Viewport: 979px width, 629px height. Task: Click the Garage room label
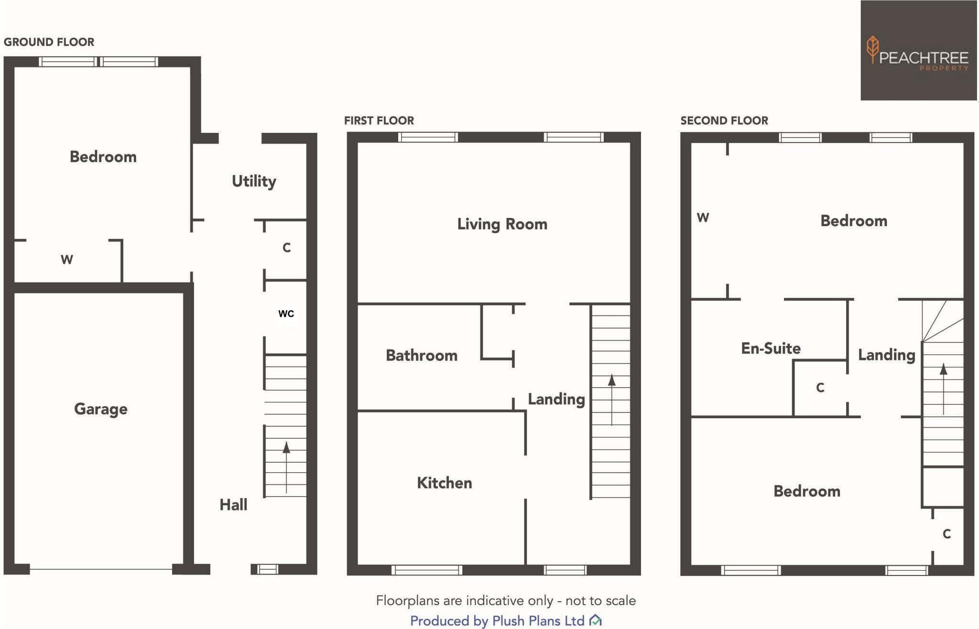click(101, 409)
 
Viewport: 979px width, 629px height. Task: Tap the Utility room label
click(254, 181)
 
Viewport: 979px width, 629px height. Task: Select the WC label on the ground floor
click(286, 314)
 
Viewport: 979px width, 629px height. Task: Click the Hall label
click(233, 505)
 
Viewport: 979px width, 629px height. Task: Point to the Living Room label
click(502, 224)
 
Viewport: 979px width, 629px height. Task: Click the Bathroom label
click(422, 356)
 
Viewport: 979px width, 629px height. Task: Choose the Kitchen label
click(444, 483)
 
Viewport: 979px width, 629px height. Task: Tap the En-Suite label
click(771, 348)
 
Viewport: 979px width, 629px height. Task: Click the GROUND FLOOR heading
click(49, 42)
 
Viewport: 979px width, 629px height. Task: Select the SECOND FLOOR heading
click(724, 120)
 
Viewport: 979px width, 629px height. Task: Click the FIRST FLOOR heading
click(379, 120)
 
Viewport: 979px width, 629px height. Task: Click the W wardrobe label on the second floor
click(702, 218)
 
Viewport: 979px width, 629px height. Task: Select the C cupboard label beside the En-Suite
click(820, 388)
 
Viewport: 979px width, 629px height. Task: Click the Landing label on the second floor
click(886, 355)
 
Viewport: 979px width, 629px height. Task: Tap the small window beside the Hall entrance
click(267, 569)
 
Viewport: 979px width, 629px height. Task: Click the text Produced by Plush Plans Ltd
click(497, 621)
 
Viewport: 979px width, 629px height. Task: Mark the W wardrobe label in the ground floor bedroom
click(66, 260)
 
